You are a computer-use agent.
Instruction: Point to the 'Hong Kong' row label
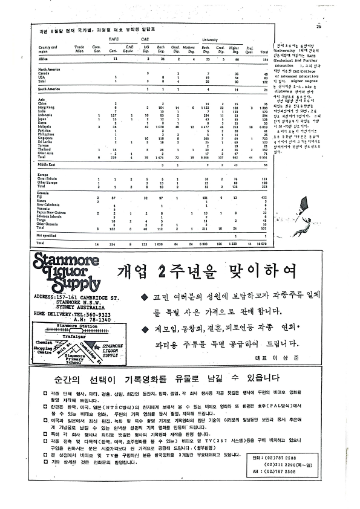[x=47, y=108]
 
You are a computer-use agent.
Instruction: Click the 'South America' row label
[x=50, y=89]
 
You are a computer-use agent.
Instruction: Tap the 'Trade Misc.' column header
[x=79, y=47]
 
